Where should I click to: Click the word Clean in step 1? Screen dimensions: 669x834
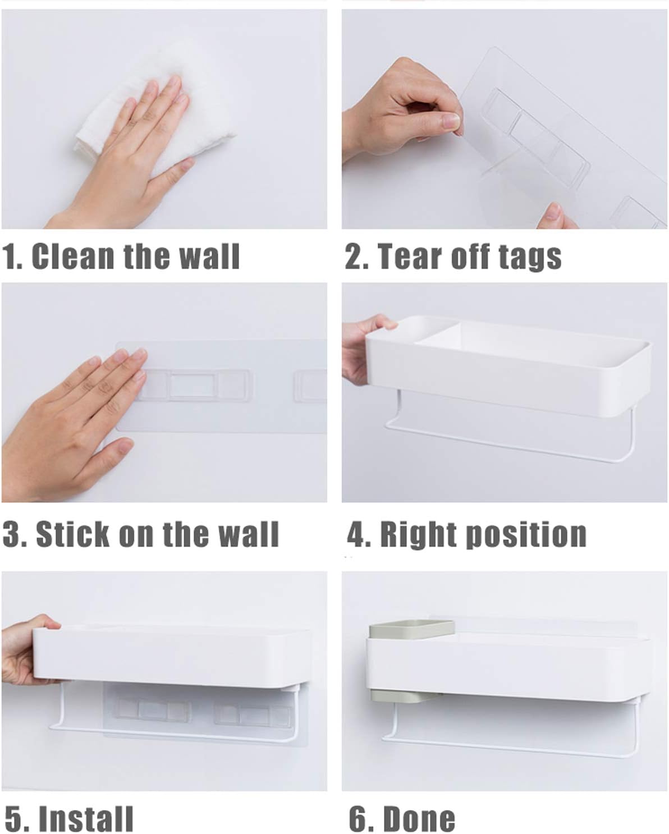pyautogui.click(x=74, y=256)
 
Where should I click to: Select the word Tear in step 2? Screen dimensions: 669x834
pyautogui.click(x=410, y=256)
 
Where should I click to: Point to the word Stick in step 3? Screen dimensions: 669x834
pyautogui.click(x=72, y=534)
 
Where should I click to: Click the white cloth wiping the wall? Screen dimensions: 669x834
pyautogui.click(x=155, y=112)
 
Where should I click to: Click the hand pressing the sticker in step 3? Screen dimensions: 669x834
pyautogui.click(x=70, y=423)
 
